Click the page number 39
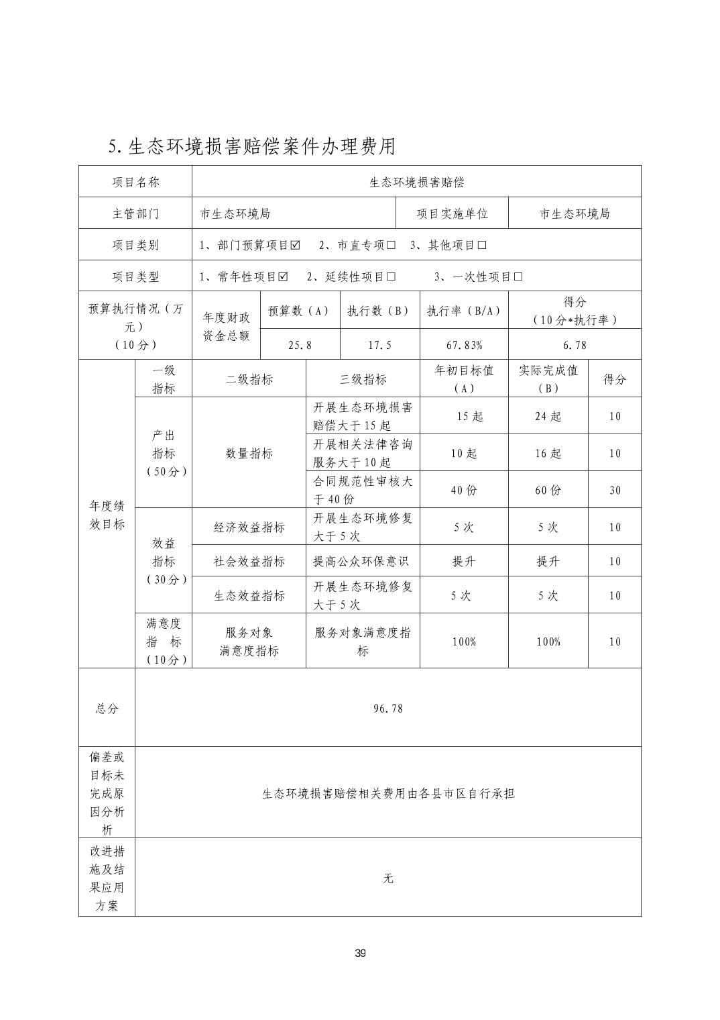[x=361, y=954]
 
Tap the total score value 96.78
[x=388, y=708]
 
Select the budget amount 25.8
[x=300, y=345]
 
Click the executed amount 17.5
[x=379, y=345]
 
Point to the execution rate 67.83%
[x=464, y=345]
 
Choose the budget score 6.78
[x=575, y=345]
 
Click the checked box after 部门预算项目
[x=295, y=245]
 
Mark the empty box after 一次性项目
[x=518, y=276]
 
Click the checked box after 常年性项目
[x=283, y=276]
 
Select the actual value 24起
[x=548, y=416]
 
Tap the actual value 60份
[x=548, y=490]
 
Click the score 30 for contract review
[x=615, y=490]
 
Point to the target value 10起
[x=464, y=453]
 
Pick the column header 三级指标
[x=363, y=379]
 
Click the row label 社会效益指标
[x=249, y=561]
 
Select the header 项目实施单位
[x=452, y=213]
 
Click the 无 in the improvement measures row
[x=388, y=878]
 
